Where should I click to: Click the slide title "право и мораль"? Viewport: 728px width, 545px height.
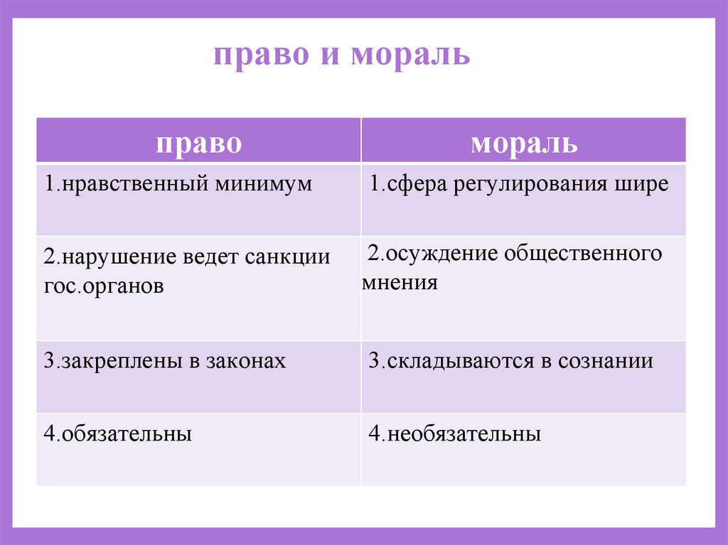[342, 55]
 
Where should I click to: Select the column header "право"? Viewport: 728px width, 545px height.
[198, 142]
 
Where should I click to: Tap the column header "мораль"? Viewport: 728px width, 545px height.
[524, 142]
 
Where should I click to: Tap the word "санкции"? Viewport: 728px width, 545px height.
[289, 257]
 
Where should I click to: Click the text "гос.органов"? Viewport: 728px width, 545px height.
[103, 287]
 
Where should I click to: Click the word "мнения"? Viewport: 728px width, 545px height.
[400, 283]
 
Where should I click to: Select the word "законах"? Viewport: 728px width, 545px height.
[246, 361]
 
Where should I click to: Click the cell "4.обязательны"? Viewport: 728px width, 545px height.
[118, 433]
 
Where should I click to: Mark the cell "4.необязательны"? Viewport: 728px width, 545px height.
[455, 433]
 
